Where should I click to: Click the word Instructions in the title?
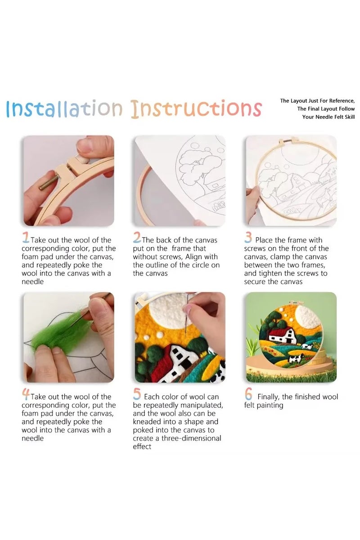point(196,109)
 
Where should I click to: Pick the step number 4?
point(26,395)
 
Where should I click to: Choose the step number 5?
point(137,395)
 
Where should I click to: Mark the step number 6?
point(248,395)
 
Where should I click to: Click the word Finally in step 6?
point(271,397)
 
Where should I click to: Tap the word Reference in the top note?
point(339,101)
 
